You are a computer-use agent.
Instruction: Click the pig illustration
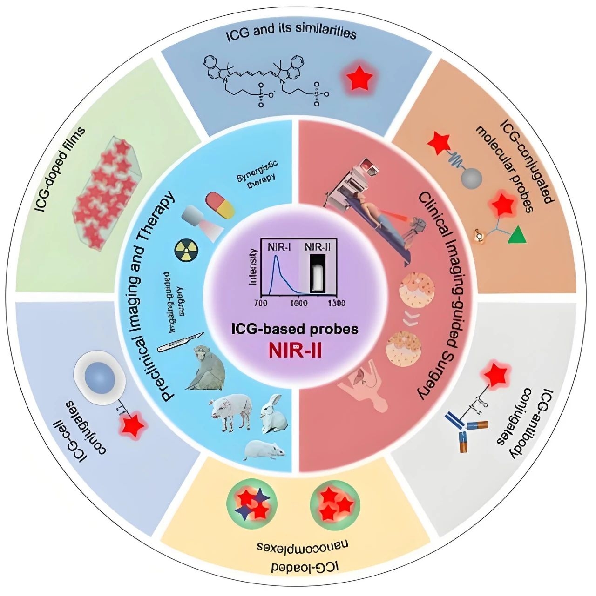[x=230, y=409]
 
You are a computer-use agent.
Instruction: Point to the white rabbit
[x=272, y=413]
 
